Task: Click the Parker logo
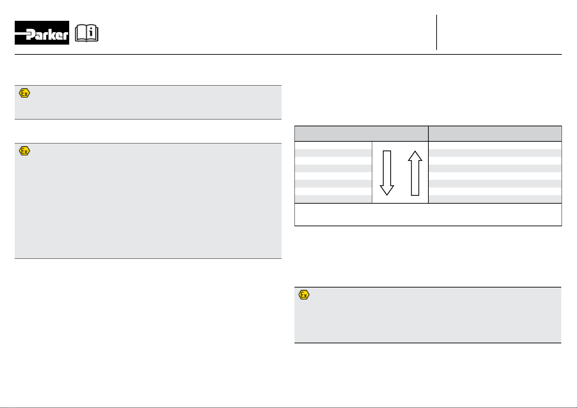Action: point(42,33)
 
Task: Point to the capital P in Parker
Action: point(30,35)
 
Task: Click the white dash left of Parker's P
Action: point(21,34)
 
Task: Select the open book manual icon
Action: point(87,34)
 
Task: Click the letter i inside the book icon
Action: point(91,33)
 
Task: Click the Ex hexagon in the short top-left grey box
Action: point(24,93)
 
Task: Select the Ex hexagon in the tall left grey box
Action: point(24,151)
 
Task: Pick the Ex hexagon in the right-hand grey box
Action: point(304,295)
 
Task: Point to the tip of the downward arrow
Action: point(387,194)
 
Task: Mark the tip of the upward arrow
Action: point(415,152)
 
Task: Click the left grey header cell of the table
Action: point(361,133)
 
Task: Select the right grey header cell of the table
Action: point(495,133)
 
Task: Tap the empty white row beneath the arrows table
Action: point(428,215)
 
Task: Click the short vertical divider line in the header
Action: point(437,33)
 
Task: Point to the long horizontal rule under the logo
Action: point(288,54)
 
